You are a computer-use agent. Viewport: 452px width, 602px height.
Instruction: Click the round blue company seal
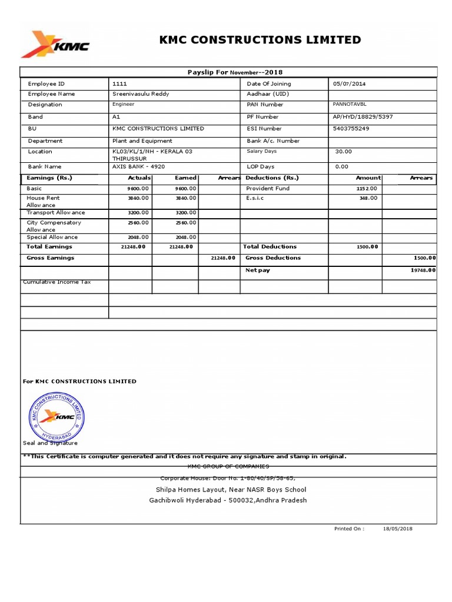pos(56,418)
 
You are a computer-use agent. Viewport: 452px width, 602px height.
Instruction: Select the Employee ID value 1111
pos(119,83)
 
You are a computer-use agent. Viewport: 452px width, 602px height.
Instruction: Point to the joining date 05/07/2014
pos(349,83)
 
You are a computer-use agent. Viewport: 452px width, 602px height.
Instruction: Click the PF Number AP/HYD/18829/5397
pos(363,116)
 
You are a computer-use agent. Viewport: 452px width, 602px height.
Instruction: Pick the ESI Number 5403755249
pos(351,128)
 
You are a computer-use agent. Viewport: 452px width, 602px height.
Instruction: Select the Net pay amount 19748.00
pos(423,270)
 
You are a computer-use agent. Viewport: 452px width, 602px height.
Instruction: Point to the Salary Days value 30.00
pos(343,151)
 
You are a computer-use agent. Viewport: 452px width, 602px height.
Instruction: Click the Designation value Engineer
pos(123,104)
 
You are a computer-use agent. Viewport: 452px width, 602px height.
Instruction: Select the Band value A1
pos(116,116)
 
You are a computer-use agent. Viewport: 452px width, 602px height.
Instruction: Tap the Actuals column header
pos(139,178)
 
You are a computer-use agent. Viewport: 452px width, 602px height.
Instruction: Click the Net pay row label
pos(257,270)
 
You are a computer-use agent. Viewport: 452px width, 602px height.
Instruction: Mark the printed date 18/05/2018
pos(398,529)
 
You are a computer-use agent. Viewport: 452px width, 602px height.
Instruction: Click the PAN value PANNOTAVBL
pos(349,103)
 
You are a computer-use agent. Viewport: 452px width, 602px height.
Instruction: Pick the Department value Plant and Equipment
pos(142,141)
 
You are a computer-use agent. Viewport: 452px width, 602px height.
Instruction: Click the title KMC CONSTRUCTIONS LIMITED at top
pos(260,40)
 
